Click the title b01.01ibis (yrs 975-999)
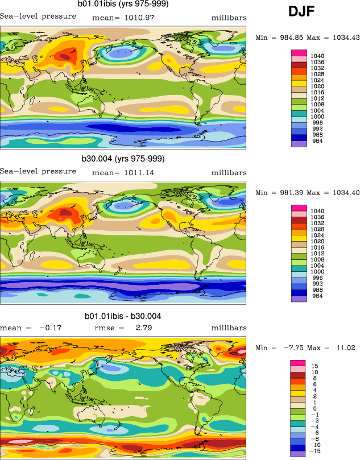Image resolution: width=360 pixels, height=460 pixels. coord(123,4)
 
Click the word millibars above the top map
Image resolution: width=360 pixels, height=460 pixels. coord(229,18)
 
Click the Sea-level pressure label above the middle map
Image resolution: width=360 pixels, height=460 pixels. coord(38,171)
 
